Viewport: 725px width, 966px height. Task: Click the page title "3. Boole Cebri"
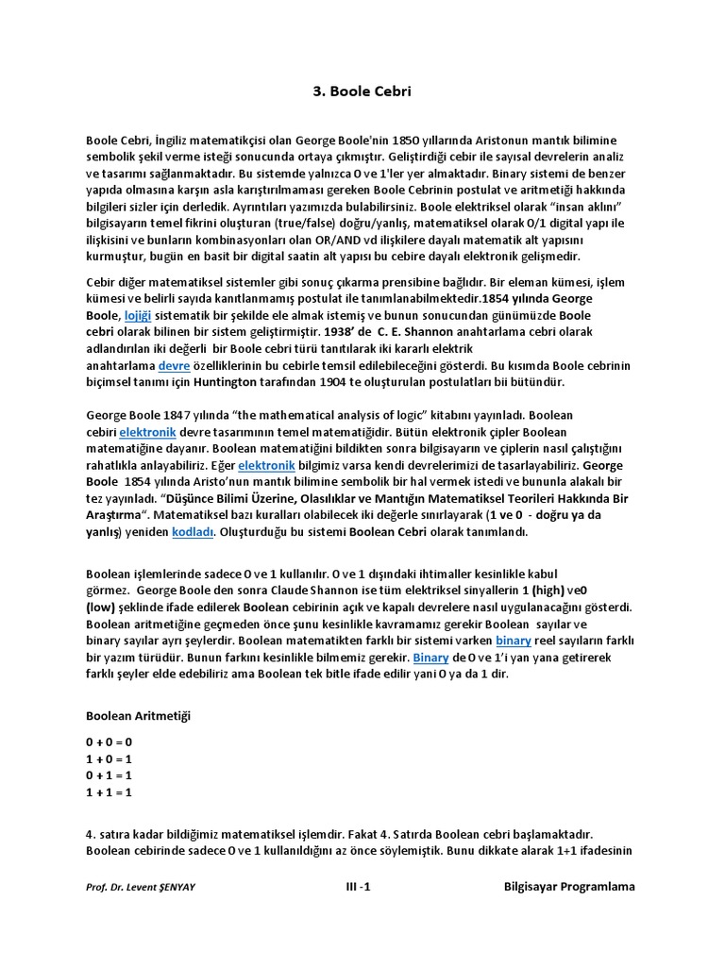362,92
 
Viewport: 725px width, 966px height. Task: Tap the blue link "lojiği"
137,316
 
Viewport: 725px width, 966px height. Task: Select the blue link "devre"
173,365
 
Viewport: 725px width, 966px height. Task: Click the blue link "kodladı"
194,531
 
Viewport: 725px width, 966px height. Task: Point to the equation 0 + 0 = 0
110,741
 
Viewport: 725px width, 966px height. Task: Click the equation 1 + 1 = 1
110,792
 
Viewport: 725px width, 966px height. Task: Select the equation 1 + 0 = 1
110,758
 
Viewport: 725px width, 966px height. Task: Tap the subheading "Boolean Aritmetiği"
138,716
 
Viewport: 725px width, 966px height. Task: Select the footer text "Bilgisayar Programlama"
569,887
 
